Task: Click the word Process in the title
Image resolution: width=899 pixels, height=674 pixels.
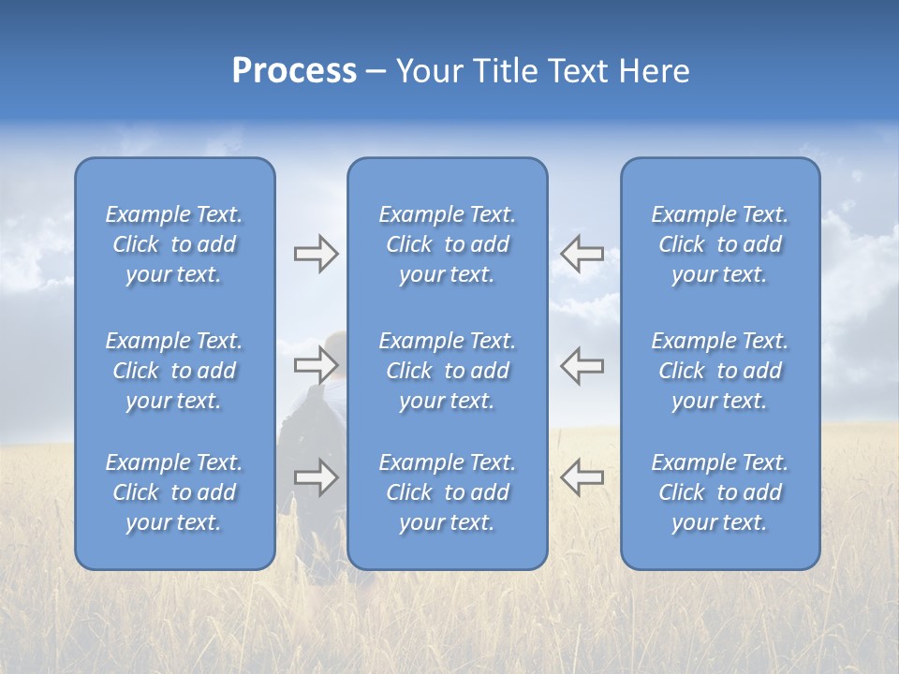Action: tap(294, 71)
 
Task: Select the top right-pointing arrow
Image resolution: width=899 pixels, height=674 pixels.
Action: tap(317, 254)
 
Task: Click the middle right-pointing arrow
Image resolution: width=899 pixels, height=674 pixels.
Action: tap(317, 365)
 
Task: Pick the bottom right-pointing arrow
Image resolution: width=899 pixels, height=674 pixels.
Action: tap(317, 477)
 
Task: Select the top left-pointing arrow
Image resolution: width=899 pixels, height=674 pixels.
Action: tap(582, 254)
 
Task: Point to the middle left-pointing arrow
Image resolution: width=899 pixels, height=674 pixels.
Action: tap(582, 365)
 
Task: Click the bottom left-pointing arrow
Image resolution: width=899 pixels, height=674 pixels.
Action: tap(582, 477)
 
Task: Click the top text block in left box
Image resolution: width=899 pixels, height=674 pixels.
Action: tap(174, 244)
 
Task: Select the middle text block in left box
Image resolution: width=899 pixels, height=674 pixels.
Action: tap(174, 371)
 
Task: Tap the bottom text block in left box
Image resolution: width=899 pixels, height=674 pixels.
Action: tap(174, 492)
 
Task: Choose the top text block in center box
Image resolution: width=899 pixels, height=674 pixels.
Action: tap(448, 244)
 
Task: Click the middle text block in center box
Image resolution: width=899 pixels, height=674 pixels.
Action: tap(448, 371)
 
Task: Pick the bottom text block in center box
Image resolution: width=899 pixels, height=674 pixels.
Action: tap(448, 492)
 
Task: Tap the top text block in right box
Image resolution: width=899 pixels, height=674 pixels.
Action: tap(720, 244)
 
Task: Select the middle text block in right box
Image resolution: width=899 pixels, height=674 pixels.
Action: tap(720, 371)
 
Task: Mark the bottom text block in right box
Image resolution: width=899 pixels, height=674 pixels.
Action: tap(720, 492)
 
